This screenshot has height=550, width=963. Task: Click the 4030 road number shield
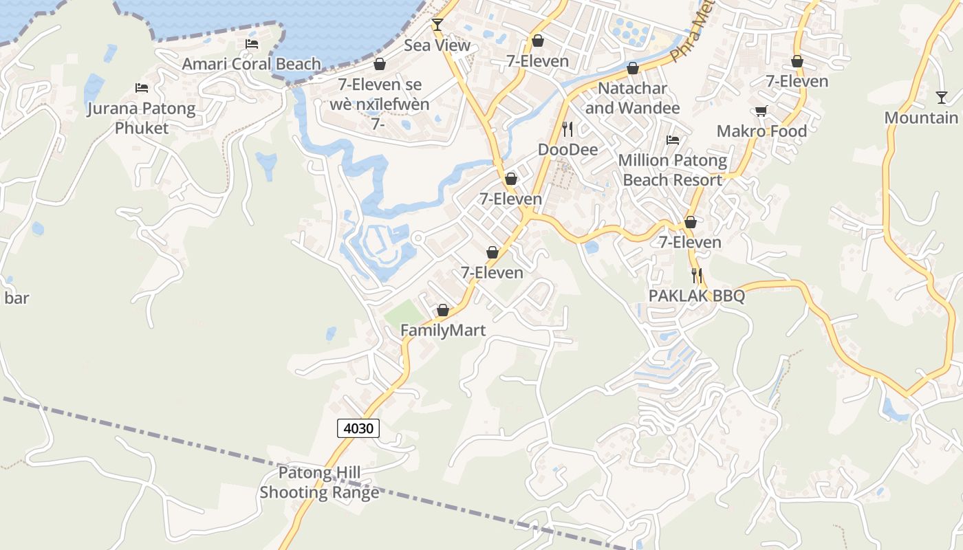point(358,428)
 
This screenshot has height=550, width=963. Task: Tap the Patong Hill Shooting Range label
point(319,483)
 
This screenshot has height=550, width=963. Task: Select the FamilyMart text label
point(443,331)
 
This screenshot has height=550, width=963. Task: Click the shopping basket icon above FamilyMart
point(443,311)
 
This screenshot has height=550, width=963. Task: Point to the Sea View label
point(437,45)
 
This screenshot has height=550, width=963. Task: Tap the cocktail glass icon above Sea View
point(437,25)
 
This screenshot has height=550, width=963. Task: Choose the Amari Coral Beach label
point(251,64)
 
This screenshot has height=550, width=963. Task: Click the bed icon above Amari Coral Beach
point(252,44)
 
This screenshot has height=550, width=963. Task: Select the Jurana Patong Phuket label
point(141,118)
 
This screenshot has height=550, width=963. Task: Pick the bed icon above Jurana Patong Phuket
point(142,88)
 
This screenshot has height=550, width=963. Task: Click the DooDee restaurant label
point(567,149)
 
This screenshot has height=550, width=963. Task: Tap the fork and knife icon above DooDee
point(567,129)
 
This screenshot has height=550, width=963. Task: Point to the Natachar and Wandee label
point(632,98)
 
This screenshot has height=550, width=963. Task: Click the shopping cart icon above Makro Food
point(761,111)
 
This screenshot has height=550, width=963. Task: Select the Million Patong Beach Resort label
point(672,170)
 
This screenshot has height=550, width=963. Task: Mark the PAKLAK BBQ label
point(697,296)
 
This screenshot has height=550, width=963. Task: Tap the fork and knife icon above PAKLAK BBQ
point(697,276)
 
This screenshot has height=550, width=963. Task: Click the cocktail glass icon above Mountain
point(942,98)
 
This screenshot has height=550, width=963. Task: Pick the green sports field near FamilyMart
point(406,313)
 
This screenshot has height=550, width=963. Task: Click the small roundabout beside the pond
point(418,239)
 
